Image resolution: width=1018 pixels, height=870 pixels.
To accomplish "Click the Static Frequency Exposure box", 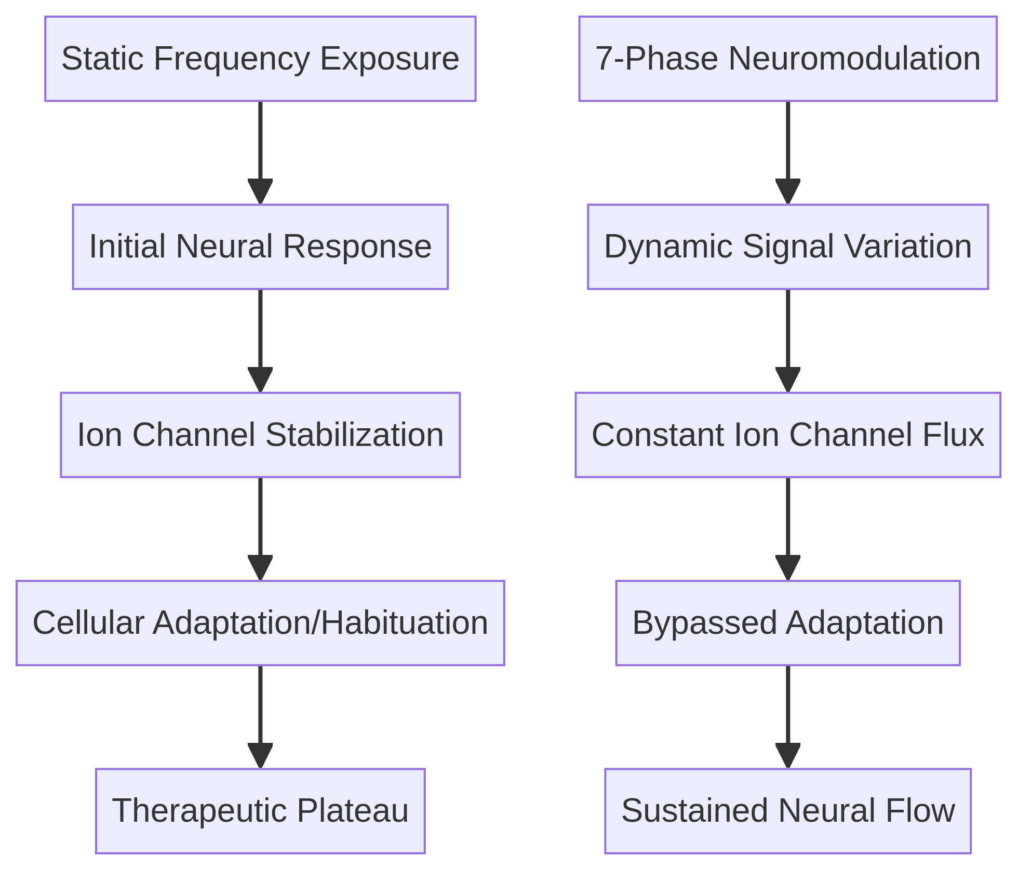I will point(260,59).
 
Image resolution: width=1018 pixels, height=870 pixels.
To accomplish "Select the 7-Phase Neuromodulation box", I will point(787,59).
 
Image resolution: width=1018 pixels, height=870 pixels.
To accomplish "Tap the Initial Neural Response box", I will point(260,247).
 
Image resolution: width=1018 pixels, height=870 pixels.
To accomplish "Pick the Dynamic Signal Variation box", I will point(787,247).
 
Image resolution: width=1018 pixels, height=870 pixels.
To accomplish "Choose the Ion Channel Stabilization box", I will point(260,435).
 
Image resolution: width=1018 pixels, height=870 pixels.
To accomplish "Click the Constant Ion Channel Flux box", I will point(787,435).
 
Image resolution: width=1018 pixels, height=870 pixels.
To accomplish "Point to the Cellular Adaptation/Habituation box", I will point(260,623).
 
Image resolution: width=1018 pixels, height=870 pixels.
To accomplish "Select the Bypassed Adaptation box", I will point(787,623).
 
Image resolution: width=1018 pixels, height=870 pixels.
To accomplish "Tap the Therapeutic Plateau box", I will point(260,811).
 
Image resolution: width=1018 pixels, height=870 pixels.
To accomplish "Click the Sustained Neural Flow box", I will point(787,811).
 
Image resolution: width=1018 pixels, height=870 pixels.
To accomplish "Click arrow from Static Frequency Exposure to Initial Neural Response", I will point(260,151).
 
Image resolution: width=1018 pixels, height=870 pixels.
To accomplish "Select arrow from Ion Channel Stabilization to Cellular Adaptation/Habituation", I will point(260,527).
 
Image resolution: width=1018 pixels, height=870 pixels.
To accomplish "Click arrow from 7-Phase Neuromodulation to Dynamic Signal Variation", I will point(788,151).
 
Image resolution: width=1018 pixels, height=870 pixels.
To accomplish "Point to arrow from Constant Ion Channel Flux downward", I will point(788,527).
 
